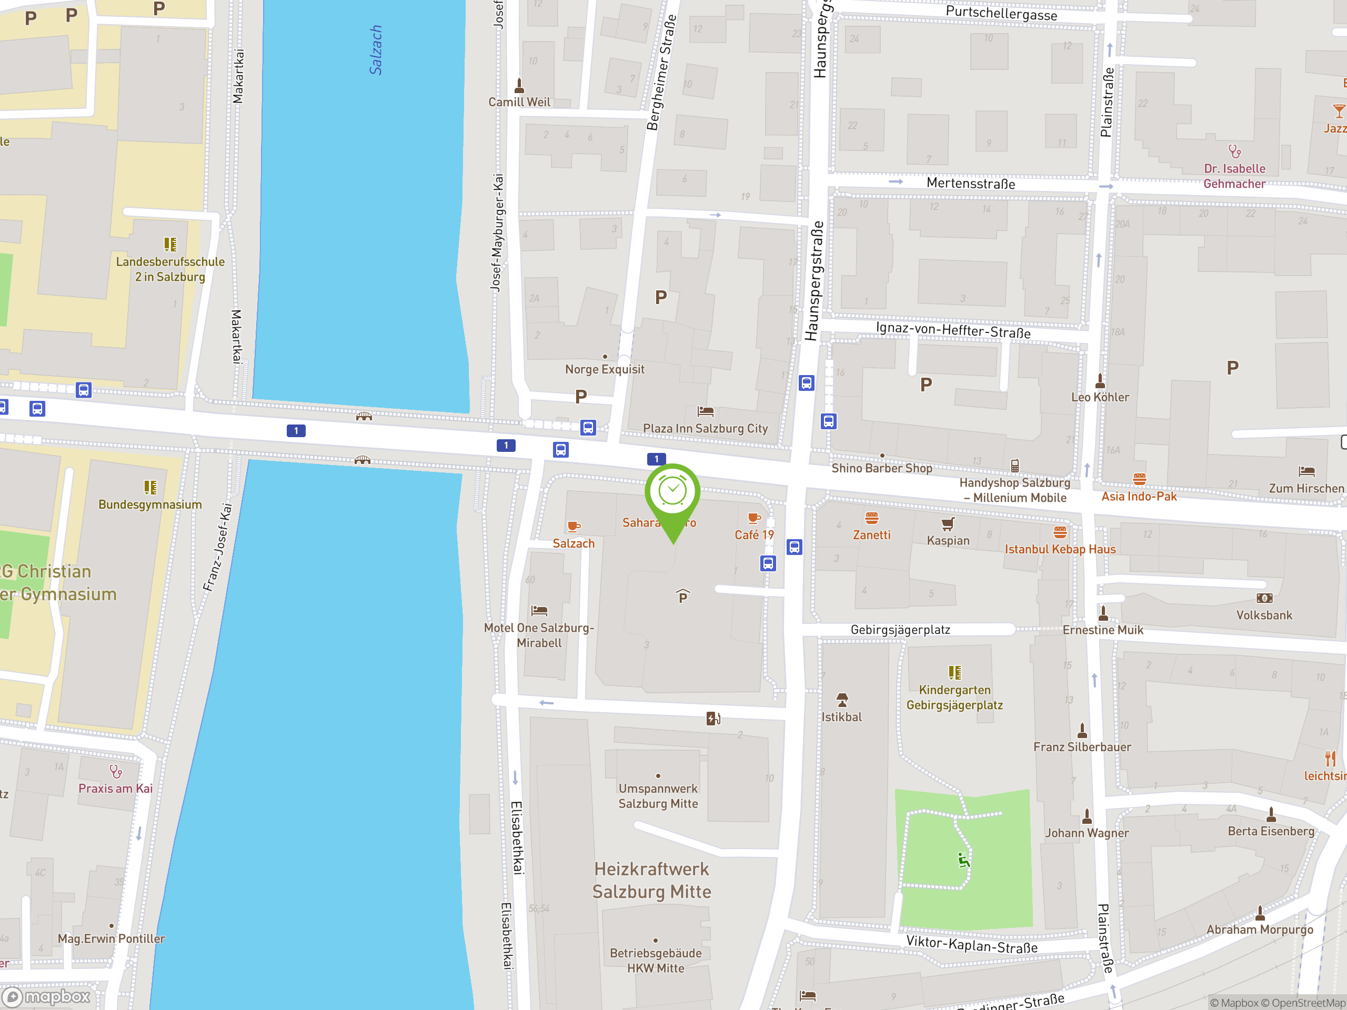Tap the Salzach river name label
tap(376, 50)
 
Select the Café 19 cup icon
tap(754, 518)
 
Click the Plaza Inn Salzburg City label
tap(705, 428)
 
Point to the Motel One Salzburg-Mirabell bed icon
tap(539, 610)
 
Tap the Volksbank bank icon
tap(1264, 599)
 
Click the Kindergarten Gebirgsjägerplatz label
tap(954, 697)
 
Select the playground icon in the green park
tap(963, 860)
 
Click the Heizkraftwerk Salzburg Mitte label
tap(651, 880)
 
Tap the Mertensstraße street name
tap(971, 183)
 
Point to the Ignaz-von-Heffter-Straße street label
tap(953, 330)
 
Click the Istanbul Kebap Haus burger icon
tap(1060, 533)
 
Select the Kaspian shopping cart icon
tap(948, 524)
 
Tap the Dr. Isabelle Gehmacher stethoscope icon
tap(1234, 151)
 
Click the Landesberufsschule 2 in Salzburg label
tap(170, 269)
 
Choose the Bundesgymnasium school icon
tap(150, 487)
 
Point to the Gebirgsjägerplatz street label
tap(900, 630)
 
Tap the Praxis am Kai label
tap(116, 789)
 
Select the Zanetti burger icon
tap(871, 518)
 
